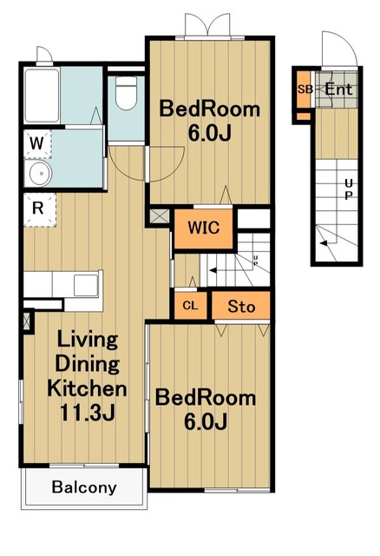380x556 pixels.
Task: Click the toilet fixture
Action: (x=127, y=93)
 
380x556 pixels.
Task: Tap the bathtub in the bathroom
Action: (x=42, y=96)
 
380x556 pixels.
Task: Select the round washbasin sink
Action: (x=41, y=174)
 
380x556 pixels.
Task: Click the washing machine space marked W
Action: (x=37, y=144)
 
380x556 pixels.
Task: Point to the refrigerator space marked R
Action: (x=39, y=209)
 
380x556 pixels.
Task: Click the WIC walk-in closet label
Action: (x=204, y=228)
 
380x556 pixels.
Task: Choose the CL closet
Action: (x=191, y=306)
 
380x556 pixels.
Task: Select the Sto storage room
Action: (x=241, y=306)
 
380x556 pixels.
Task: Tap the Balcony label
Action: (x=84, y=487)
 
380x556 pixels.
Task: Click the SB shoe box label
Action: (x=305, y=89)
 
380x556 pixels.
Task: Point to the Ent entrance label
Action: (x=338, y=89)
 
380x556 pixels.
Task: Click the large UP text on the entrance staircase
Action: (x=349, y=189)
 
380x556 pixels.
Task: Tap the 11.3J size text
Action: (x=88, y=412)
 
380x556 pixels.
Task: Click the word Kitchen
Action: (x=87, y=388)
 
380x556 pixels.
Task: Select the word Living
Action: (x=88, y=340)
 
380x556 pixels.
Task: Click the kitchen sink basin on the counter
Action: (x=86, y=285)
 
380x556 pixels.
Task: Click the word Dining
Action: (x=88, y=364)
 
